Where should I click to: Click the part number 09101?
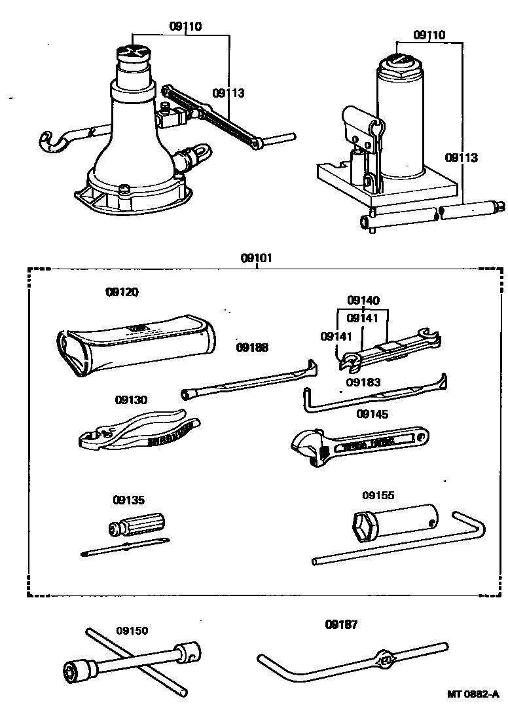pyautogui.click(x=257, y=258)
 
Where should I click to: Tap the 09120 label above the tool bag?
pyautogui.click(x=122, y=292)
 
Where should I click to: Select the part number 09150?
pyautogui.click(x=132, y=631)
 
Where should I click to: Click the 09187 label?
pyautogui.click(x=341, y=625)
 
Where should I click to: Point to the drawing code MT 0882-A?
pyautogui.click(x=473, y=694)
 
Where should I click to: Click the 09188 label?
pyautogui.click(x=252, y=347)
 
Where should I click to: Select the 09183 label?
pyautogui.click(x=363, y=382)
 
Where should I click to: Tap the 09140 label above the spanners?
pyautogui.click(x=363, y=301)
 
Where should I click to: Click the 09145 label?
pyautogui.click(x=372, y=414)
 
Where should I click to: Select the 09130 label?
pyautogui.click(x=131, y=400)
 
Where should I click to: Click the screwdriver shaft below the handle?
pyautogui.click(x=124, y=547)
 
